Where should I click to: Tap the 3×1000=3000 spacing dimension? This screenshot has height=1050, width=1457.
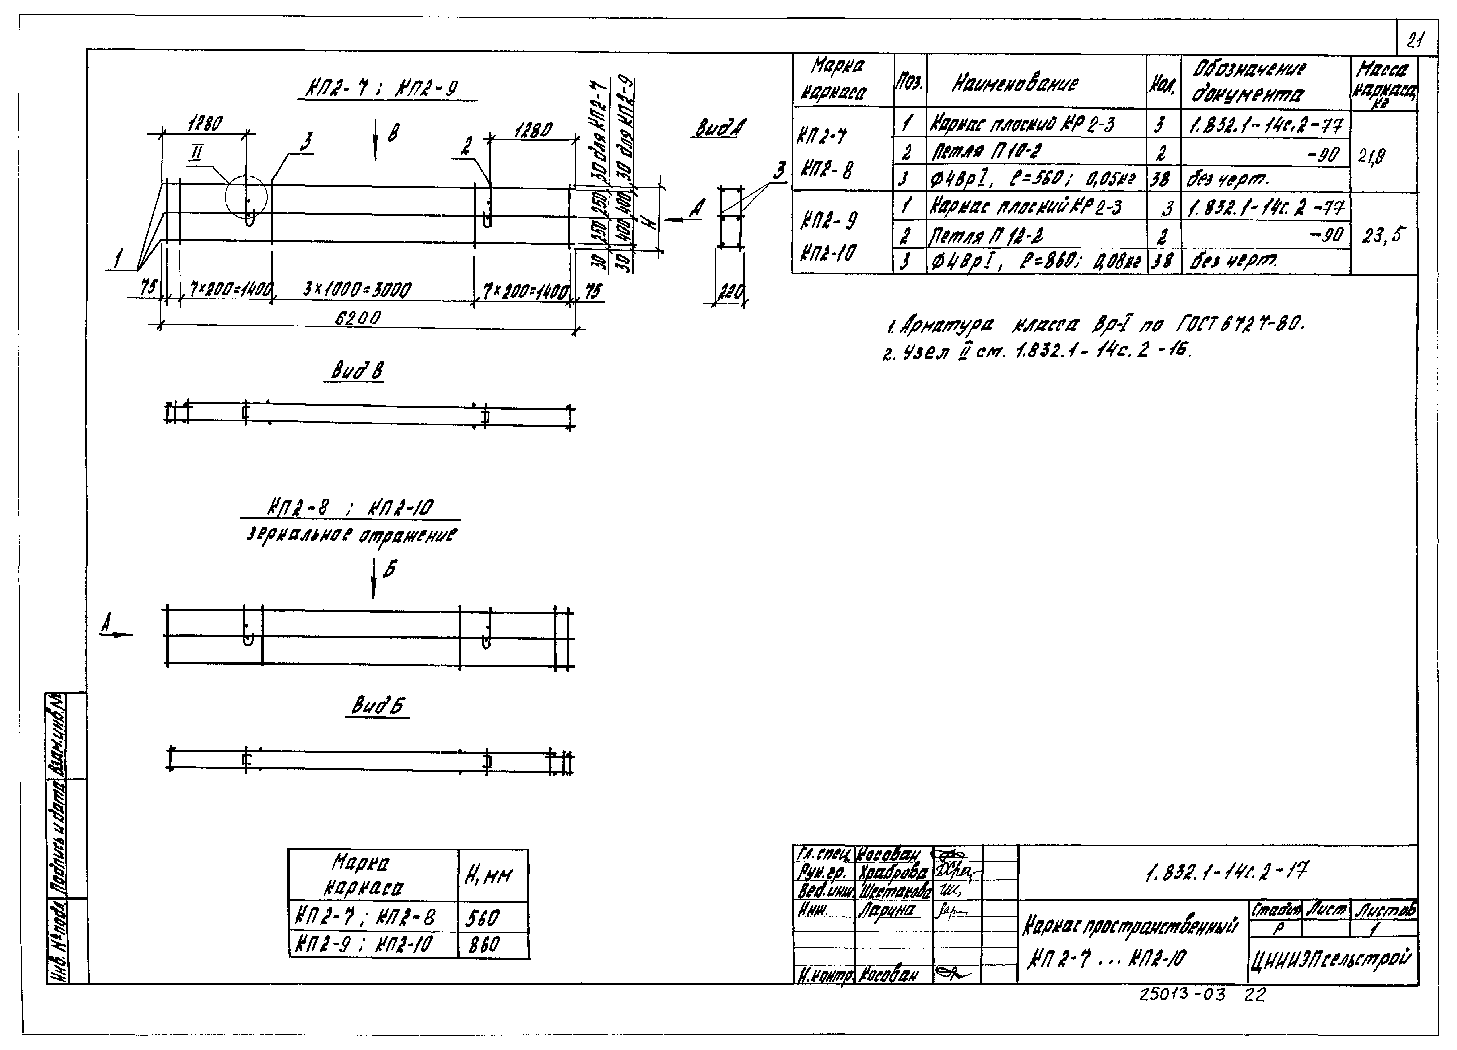[357, 290]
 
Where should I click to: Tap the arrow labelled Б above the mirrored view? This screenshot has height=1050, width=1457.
[374, 578]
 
